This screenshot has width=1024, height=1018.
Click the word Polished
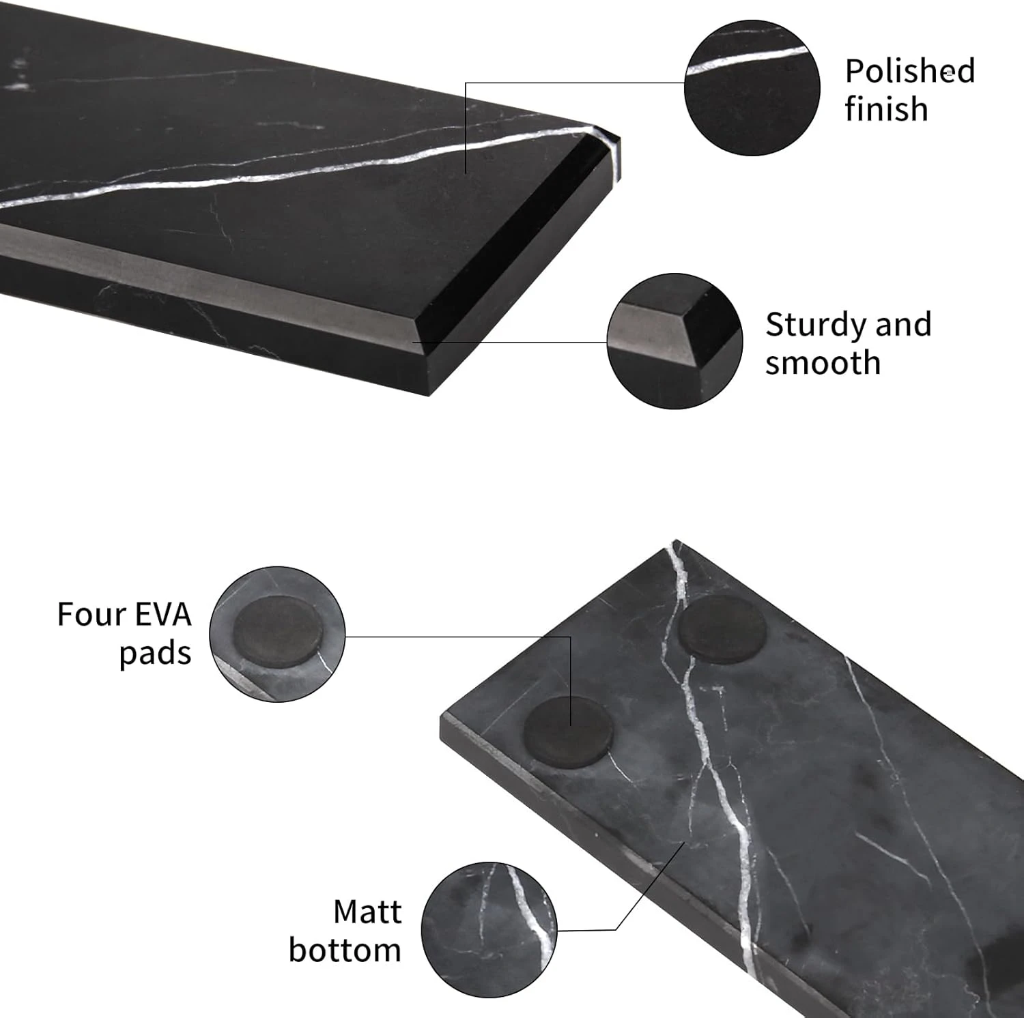click(x=910, y=71)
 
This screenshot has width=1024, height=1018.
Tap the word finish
click(x=886, y=108)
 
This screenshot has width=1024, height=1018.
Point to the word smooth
click(x=823, y=363)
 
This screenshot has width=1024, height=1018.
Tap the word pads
click(x=155, y=654)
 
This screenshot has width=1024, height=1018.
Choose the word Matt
click(x=367, y=912)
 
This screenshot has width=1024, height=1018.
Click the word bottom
click(x=345, y=950)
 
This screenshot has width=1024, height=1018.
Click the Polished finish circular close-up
click(x=752, y=87)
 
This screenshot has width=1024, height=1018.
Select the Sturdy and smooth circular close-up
click(x=674, y=341)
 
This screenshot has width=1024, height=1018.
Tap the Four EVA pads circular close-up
click(x=277, y=634)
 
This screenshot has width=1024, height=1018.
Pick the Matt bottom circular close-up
click(x=489, y=929)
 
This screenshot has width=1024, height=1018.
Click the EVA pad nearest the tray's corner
click(x=568, y=731)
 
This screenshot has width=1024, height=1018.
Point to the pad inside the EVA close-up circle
click(x=277, y=629)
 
